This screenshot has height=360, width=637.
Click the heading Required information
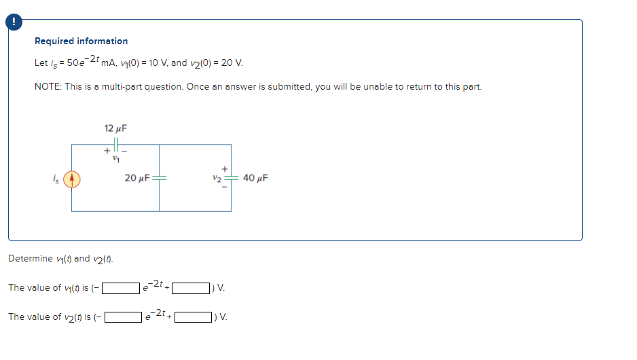coord(81,41)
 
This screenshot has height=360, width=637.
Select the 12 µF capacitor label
coord(116,128)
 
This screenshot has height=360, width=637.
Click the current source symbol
coord(73,179)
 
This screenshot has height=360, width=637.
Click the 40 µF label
coord(255,179)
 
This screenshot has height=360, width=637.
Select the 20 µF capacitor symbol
coord(160,179)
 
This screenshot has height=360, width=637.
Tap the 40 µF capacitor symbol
coord(231,179)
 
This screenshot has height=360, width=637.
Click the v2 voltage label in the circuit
coord(217,179)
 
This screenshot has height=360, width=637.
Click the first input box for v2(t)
coord(124,317)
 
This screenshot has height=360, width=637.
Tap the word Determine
coord(31,259)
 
